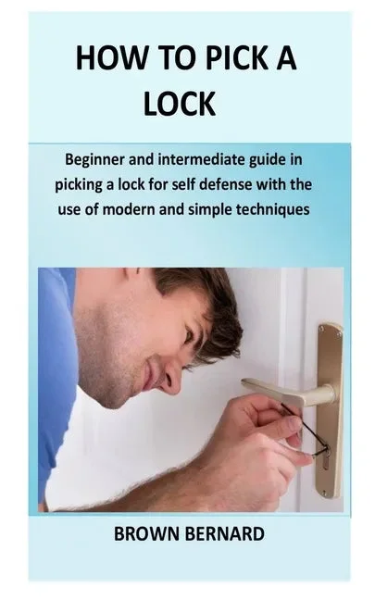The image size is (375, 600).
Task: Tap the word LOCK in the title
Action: [180, 104]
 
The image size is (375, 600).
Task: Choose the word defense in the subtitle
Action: [225, 184]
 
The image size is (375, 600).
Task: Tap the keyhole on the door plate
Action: [325, 459]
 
